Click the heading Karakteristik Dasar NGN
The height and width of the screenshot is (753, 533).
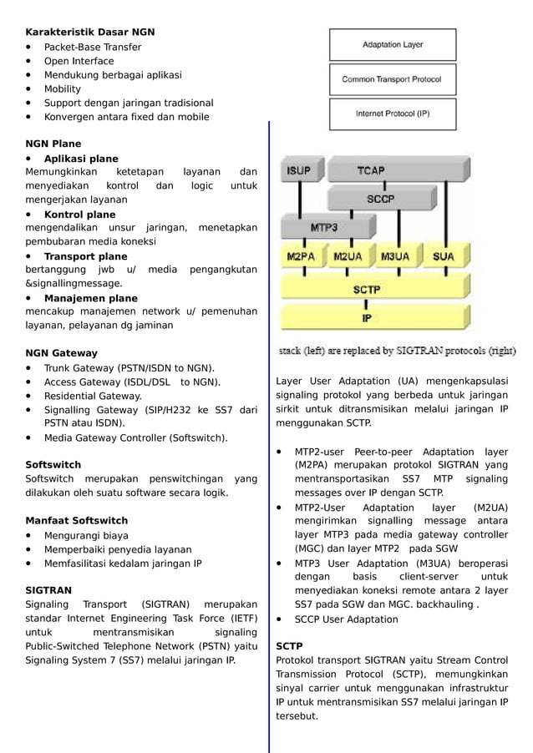tap(90, 32)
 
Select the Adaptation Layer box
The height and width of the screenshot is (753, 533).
tap(392, 45)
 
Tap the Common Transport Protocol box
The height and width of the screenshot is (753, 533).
tap(392, 80)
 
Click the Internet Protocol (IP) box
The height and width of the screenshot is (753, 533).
tap(392, 114)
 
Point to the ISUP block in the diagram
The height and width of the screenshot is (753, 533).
tap(298, 170)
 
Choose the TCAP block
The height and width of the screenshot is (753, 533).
tap(371, 170)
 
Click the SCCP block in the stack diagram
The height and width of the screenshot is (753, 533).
tap(381, 199)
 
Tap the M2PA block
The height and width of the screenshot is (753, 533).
tap(301, 257)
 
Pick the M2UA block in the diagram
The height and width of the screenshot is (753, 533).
tap(348, 257)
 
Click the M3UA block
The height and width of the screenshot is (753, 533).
tap(395, 257)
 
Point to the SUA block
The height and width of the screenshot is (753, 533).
tap(443, 257)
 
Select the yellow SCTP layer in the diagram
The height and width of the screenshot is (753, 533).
tap(368, 289)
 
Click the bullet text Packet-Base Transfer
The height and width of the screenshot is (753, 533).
tap(93, 47)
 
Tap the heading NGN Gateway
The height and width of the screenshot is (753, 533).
tap(62, 353)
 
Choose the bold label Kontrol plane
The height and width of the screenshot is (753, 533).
tap(79, 215)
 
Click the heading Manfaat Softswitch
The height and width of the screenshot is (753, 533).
tap(77, 521)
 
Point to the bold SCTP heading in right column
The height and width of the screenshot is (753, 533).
tap(289, 646)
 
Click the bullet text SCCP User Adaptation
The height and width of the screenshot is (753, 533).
tap(346, 619)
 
